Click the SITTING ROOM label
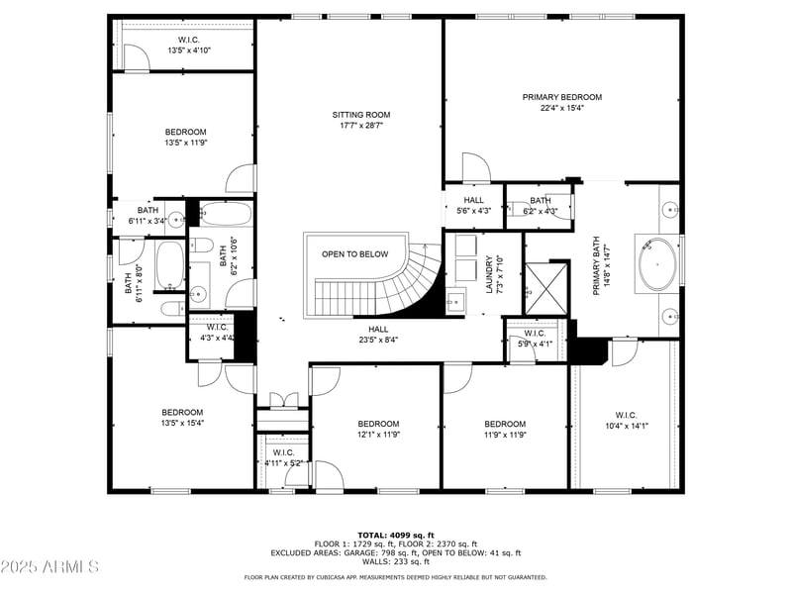(x=353, y=120)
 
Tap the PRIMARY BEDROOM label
(x=561, y=102)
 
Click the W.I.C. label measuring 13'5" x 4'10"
(x=188, y=45)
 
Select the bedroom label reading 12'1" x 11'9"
(x=378, y=429)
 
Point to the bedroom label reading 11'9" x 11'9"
(x=504, y=429)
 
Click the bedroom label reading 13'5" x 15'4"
(x=182, y=418)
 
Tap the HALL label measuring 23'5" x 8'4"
(x=378, y=335)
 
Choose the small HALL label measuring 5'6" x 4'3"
(x=473, y=205)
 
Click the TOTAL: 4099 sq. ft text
(x=395, y=535)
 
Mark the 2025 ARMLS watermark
(x=49, y=567)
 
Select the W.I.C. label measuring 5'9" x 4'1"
(x=535, y=339)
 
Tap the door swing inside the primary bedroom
(x=474, y=167)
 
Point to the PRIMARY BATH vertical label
(x=597, y=265)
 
